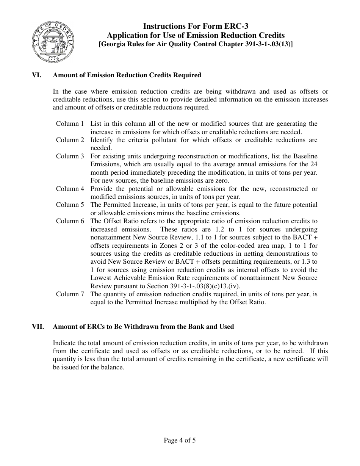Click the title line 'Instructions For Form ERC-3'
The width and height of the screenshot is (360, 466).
(196, 26)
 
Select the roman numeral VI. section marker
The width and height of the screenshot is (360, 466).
(37, 75)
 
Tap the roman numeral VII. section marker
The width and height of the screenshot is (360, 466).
(38, 326)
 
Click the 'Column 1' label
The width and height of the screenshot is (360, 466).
(70, 124)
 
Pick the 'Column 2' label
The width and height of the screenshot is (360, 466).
(70, 140)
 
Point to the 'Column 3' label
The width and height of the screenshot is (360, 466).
(70, 156)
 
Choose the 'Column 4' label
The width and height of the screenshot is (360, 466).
(70, 189)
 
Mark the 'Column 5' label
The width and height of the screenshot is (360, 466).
(70, 205)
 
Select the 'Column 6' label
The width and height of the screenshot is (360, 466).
(70, 221)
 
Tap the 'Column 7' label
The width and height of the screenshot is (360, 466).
(70, 294)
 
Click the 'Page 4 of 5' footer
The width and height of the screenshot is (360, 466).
(180, 440)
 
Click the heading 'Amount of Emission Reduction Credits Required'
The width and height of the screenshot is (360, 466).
(127, 75)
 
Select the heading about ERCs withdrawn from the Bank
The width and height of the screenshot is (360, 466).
(143, 326)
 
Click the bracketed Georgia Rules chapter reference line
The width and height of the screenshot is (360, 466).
(196, 44)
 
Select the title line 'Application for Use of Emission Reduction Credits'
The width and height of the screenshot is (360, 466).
(196, 35)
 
